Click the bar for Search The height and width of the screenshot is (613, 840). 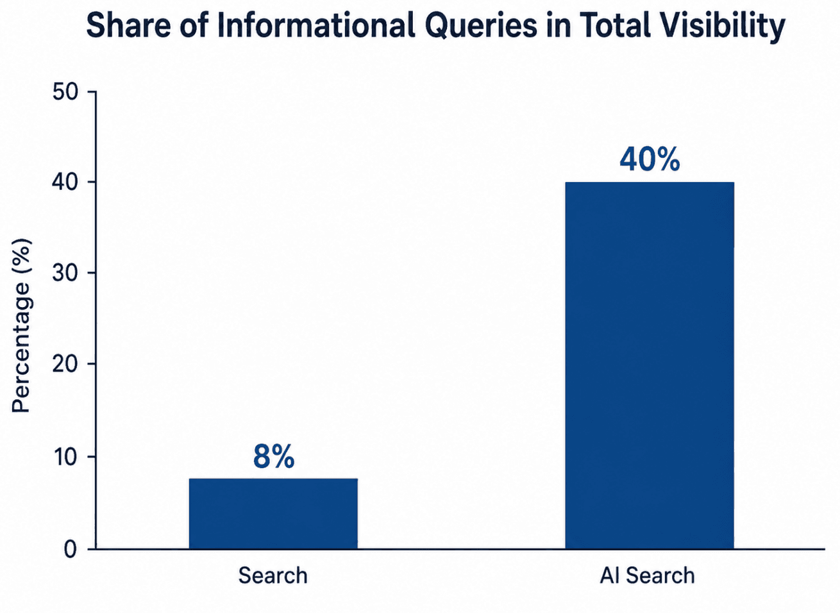click(x=273, y=514)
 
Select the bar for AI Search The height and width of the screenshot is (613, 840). click(x=650, y=365)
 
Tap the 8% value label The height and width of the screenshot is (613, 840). click(x=274, y=457)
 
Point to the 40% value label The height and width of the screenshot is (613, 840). click(x=650, y=160)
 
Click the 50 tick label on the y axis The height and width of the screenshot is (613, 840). click(x=65, y=92)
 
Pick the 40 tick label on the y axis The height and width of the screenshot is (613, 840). click(x=65, y=183)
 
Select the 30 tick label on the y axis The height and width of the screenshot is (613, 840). click(x=65, y=273)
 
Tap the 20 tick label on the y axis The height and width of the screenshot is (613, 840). click(x=65, y=364)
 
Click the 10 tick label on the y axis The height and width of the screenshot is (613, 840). click(x=66, y=457)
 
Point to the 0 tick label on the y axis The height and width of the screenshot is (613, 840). click(x=71, y=550)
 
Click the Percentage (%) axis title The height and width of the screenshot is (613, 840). click(x=21, y=326)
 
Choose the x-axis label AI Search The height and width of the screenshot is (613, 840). click(x=647, y=575)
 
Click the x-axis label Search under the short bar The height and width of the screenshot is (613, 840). click(x=273, y=575)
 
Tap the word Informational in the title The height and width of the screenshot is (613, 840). click(x=315, y=26)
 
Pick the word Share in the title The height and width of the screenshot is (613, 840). click(x=129, y=26)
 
